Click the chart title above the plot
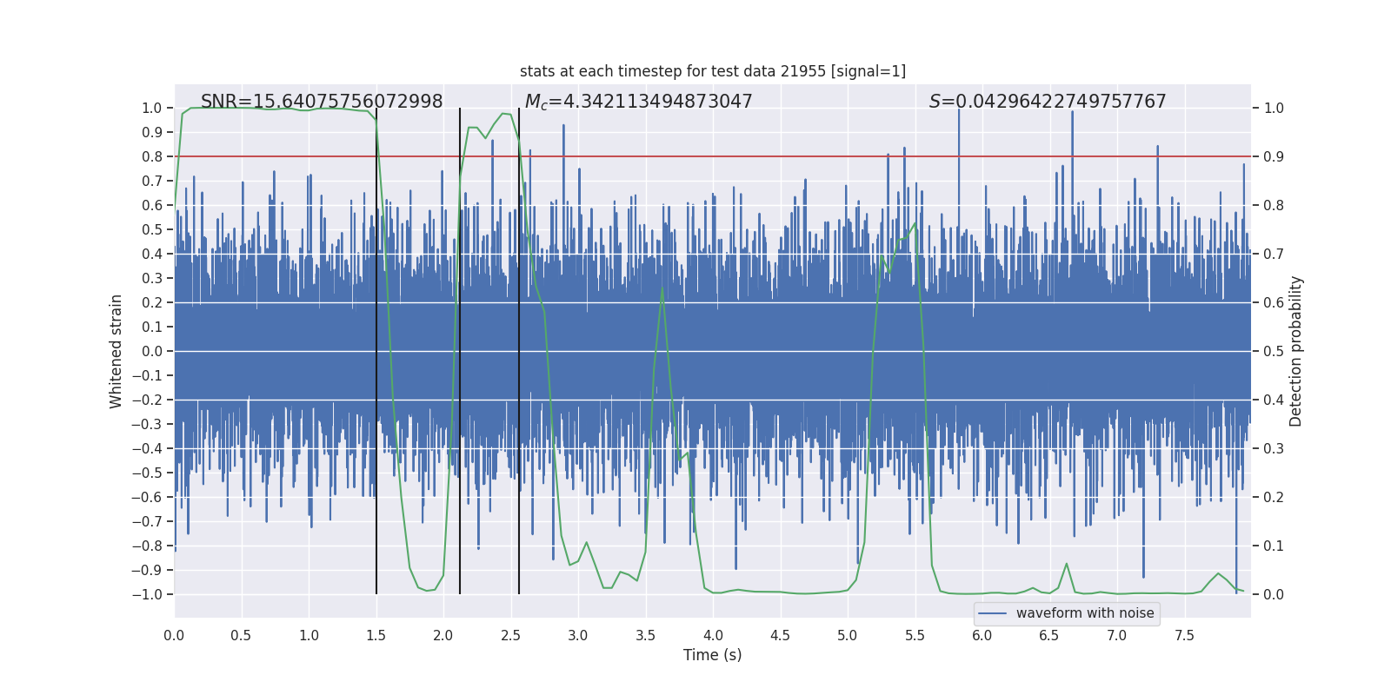[712, 71]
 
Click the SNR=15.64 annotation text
[322, 102]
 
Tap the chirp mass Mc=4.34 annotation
[638, 102]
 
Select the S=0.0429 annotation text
[1048, 102]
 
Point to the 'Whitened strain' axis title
[116, 351]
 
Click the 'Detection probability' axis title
[1296, 351]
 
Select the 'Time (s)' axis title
[712, 655]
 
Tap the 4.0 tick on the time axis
[713, 635]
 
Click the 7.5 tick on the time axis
[1184, 635]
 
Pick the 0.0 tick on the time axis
[174, 635]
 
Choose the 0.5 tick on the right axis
[1274, 351]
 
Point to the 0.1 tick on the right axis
[1274, 546]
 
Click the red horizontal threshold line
[782, 156]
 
